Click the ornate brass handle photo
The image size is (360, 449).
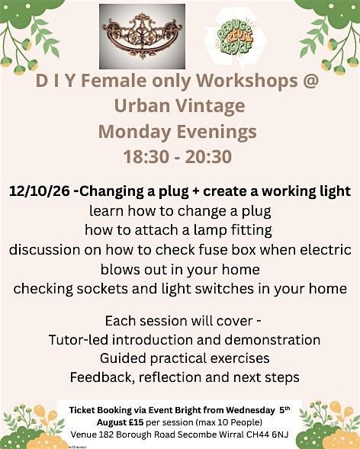(142, 37)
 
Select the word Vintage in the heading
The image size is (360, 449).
(211, 107)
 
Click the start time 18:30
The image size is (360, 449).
(146, 157)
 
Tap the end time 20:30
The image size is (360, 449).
(208, 157)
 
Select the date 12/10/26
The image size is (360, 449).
(39, 191)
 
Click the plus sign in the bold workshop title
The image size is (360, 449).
(195, 191)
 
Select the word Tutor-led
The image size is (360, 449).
(79, 340)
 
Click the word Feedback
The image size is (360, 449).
(102, 377)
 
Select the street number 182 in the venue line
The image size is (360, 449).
(104, 435)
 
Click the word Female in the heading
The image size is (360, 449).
(114, 81)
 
